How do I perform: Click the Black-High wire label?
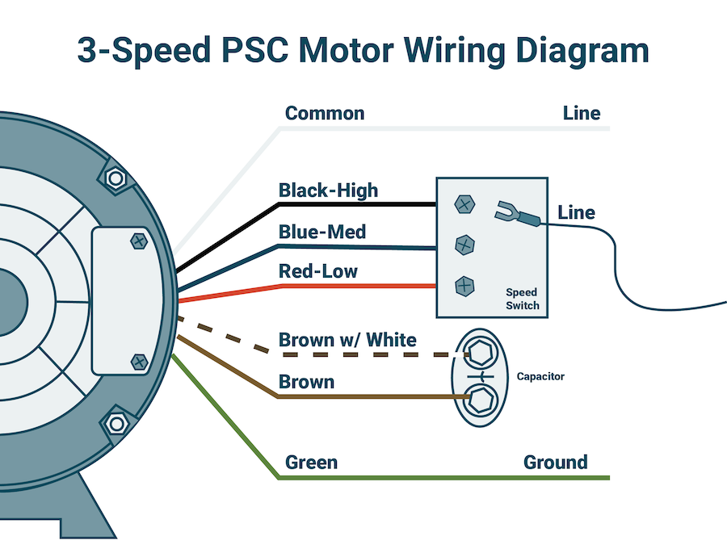(328, 191)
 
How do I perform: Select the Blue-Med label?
(322, 233)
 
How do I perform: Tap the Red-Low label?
(317, 271)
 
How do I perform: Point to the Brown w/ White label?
(347, 339)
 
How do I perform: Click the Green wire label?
(311, 463)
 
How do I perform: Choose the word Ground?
(555, 463)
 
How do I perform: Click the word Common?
(325, 113)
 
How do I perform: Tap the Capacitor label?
(540, 376)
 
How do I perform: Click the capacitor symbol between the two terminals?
(481, 375)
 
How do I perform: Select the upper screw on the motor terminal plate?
(139, 240)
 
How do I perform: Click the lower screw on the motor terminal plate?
(139, 361)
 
